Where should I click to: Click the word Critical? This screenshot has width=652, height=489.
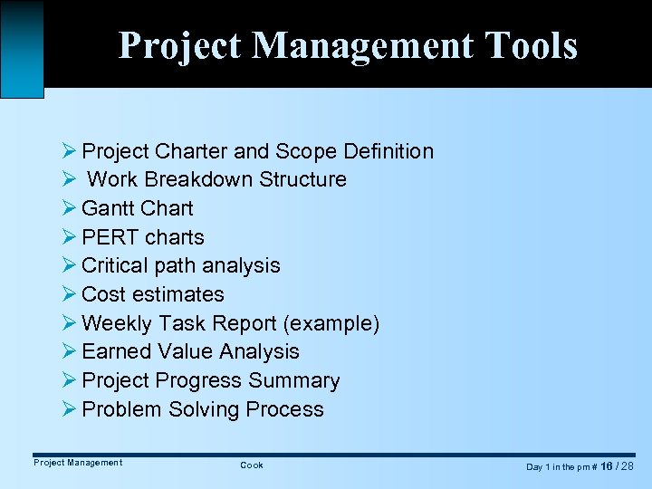(x=115, y=265)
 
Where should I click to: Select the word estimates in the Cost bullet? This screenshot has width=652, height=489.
(x=178, y=294)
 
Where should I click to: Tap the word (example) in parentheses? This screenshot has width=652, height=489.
(x=334, y=323)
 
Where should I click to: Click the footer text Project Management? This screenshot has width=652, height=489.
(x=78, y=463)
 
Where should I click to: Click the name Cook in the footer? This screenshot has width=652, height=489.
(x=252, y=465)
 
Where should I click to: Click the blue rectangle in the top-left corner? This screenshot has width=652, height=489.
(x=22, y=48)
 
